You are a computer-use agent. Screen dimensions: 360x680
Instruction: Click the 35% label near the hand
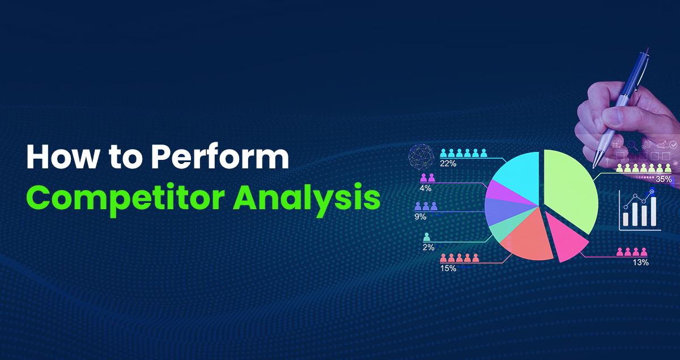pyautogui.click(x=664, y=179)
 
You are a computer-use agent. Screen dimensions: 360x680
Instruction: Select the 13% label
pyautogui.click(x=640, y=262)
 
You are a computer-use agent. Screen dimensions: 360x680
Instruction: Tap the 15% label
pyautogui.click(x=448, y=268)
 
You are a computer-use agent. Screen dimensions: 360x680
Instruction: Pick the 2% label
pyautogui.click(x=428, y=247)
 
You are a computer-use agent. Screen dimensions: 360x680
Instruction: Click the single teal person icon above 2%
pyautogui.click(x=427, y=237)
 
